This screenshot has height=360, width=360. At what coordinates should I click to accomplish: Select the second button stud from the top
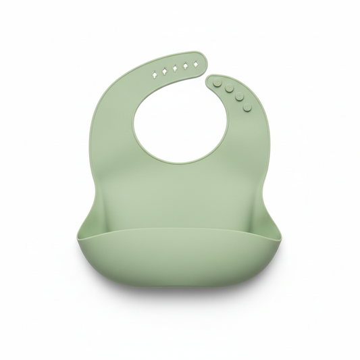(x=229, y=88)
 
